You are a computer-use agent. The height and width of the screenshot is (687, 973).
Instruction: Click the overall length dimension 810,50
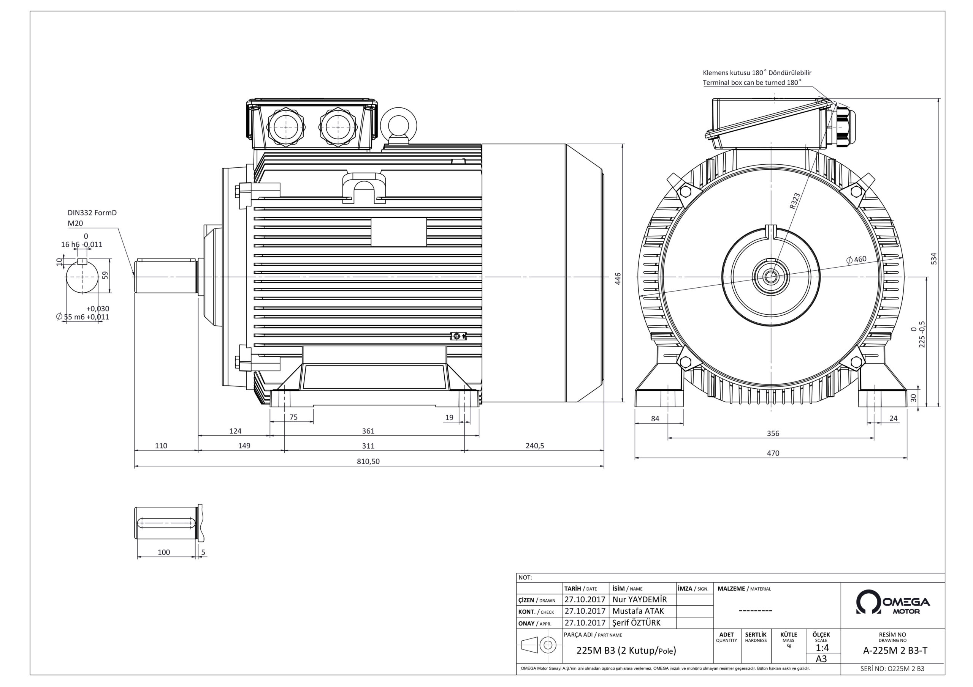click(368, 462)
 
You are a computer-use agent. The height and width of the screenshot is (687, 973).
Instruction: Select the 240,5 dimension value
click(535, 446)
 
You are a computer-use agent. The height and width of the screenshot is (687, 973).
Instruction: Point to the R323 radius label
click(795, 201)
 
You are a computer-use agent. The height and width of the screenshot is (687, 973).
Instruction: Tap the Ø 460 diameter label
click(856, 260)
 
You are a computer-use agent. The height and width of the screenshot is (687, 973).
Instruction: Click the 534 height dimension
click(933, 258)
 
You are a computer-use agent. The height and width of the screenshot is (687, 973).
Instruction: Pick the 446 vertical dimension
click(618, 278)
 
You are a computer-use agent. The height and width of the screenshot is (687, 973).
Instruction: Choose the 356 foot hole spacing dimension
click(773, 433)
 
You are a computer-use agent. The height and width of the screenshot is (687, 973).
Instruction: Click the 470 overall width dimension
click(773, 453)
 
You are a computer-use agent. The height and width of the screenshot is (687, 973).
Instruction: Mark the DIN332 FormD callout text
click(92, 213)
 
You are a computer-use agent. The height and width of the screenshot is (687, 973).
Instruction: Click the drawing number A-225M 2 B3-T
click(895, 651)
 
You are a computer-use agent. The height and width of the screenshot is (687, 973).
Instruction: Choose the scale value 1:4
click(822, 648)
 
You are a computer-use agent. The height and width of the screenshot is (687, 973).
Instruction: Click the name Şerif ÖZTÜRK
click(637, 622)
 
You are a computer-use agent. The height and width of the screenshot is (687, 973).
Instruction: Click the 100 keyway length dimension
click(163, 552)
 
